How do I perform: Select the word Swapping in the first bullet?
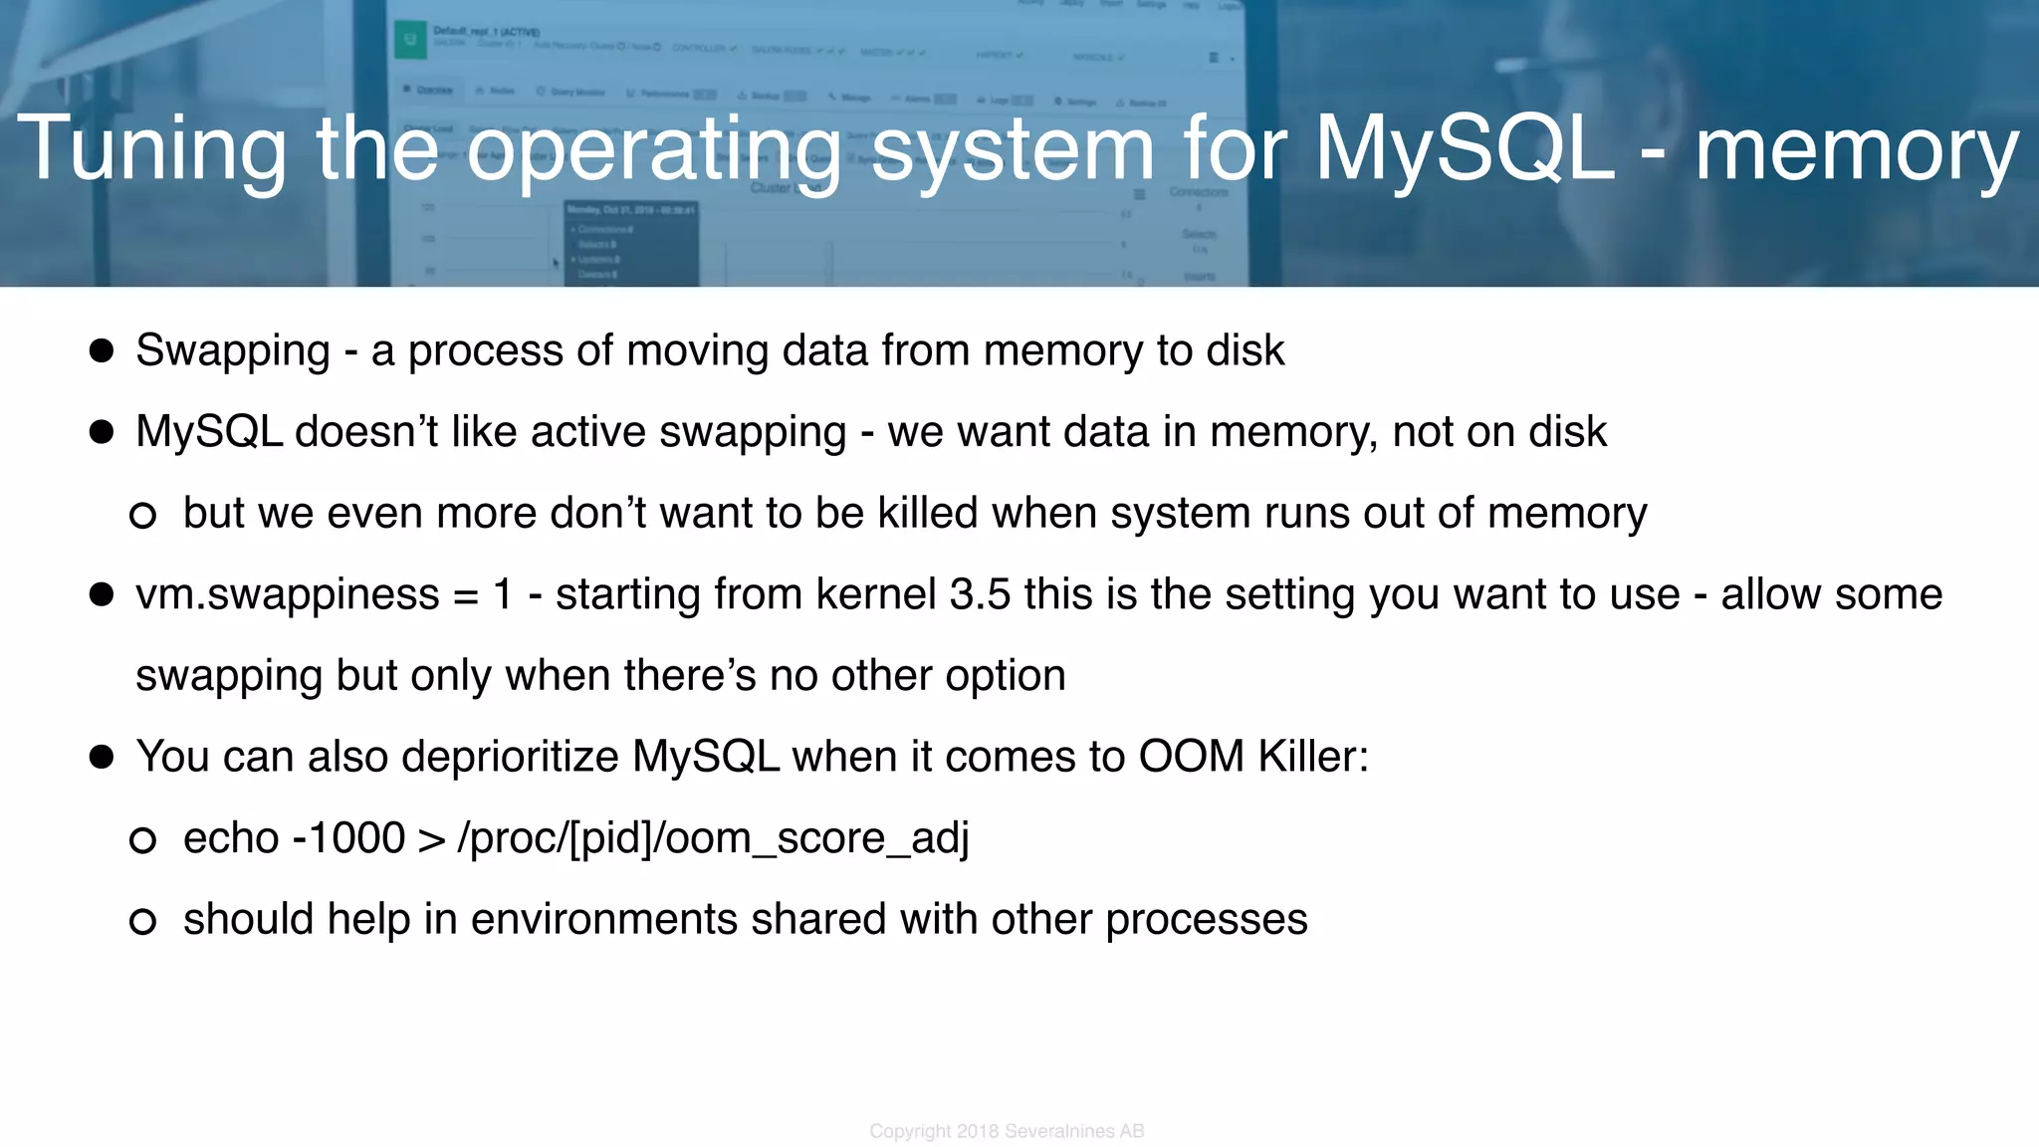pyautogui.click(x=232, y=351)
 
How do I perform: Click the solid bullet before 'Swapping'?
pyautogui.click(x=102, y=350)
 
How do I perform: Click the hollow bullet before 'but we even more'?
pyautogui.click(x=143, y=515)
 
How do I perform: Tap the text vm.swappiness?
pyautogui.click(x=287, y=595)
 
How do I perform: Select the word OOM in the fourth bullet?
pyautogui.click(x=1191, y=757)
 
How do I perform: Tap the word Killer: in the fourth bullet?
pyautogui.click(x=1313, y=757)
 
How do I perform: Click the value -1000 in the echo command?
pyautogui.click(x=348, y=838)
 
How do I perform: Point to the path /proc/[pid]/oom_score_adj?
pyautogui.click(x=713, y=838)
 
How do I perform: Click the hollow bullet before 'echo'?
pyautogui.click(x=143, y=840)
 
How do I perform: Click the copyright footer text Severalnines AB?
pyautogui.click(x=1074, y=1131)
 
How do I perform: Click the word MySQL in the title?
pyautogui.click(x=1464, y=149)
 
